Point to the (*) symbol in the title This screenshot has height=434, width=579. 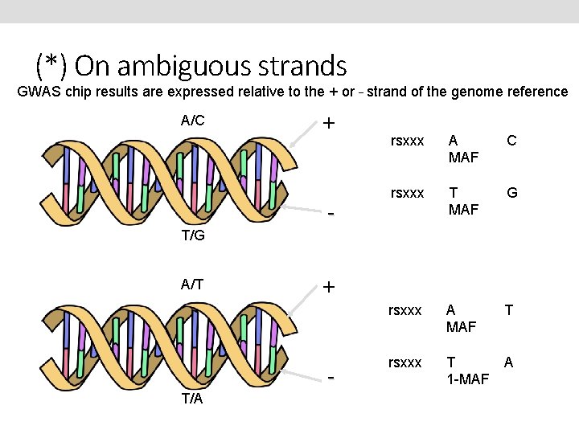(x=51, y=65)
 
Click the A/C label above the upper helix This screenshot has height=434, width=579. (x=192, y=121)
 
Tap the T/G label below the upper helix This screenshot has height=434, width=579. (x=192, y=235)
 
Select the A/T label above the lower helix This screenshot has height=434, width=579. (x=192, y=283)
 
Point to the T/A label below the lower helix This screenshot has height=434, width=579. (x=192, y=399)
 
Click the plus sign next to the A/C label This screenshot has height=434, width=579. (x=329, y=124)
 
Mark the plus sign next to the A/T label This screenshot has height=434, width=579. (x=329, y=287)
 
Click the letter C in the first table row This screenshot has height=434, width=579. (x=511, y=141)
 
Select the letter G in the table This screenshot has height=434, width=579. (x=511, y=193)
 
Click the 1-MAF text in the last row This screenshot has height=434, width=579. (x=468, y=379)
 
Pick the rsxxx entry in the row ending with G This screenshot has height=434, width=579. (x=407, y=193)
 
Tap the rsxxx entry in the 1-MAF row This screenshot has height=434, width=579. (x=404, y=362)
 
